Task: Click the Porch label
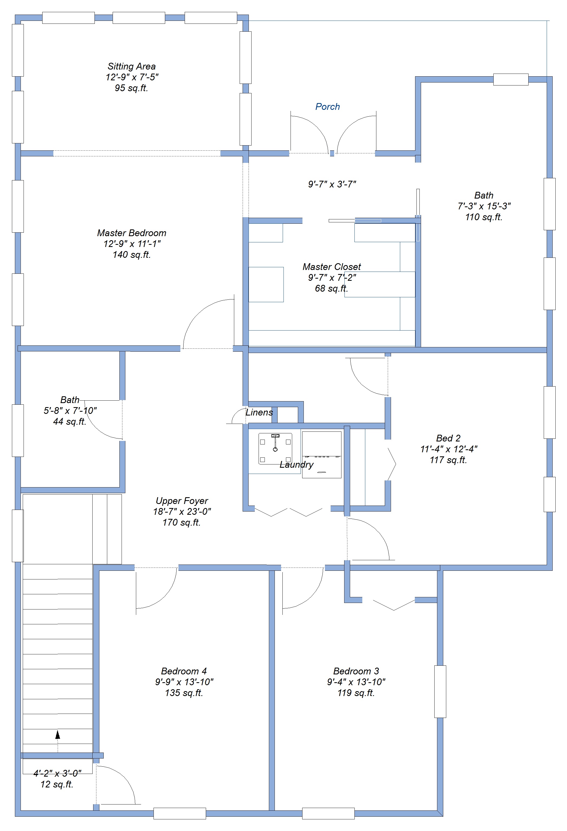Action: [x=327, y=107]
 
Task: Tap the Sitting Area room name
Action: [x=131, y=67]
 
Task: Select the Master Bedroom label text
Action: [x=131, y=233]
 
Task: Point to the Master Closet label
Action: [x=331, y=267]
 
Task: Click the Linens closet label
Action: [x=259, y=412]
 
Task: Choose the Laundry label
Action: [x=296, y=464]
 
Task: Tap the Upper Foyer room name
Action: [x=182, y=501]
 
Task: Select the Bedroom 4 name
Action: [x=184, y=671]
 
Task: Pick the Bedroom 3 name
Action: [x=356, y=671]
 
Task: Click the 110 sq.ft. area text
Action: [x=484, y=217]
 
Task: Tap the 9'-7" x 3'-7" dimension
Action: [x=332, y=184]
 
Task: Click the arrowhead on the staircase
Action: [x=58, y=734]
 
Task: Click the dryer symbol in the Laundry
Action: [x=321, y=455]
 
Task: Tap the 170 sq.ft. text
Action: [x=181, y=522]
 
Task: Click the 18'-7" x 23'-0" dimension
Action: [x=182, y=512]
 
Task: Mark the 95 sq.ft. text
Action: [x=131, y=88]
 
